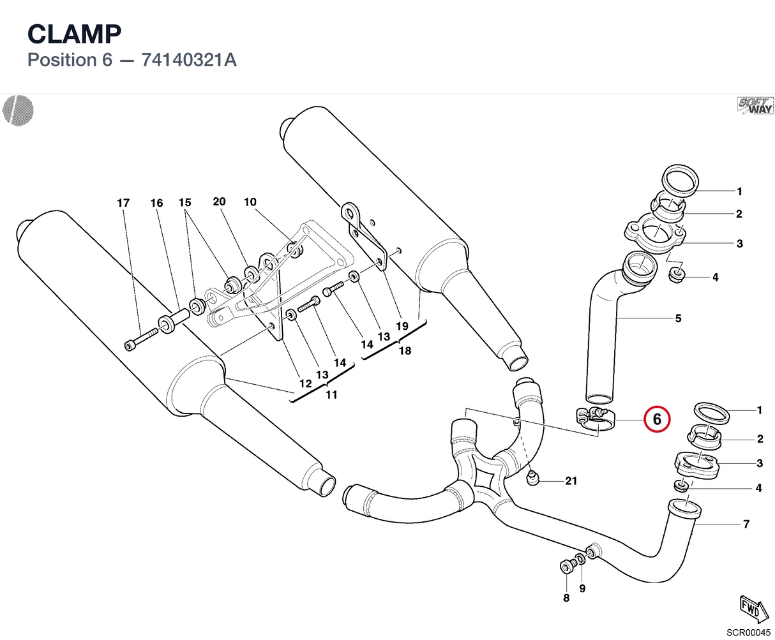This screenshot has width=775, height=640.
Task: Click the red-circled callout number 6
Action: (x=657, y=419)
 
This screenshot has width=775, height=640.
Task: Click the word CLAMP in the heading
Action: (x=74, y=34)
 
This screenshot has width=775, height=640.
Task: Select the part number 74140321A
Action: (x=189, y=60)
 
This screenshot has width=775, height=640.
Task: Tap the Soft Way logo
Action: (x=755, y=106)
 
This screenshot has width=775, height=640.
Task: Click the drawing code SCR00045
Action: (x=748, y=632)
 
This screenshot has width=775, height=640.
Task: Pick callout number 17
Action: (x=123, y=203)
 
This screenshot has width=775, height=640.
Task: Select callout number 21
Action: (x=571, y=481)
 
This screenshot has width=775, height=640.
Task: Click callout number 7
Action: (x=746, y=524)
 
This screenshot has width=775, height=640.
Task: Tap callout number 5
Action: (x=678, y=318)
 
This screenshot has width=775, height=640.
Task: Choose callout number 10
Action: (x=250, y=202)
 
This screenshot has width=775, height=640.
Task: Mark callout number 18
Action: (x=405, y=350)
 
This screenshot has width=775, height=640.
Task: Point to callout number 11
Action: (x=331, y=395)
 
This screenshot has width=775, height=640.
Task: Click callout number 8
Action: (x=566, y=598)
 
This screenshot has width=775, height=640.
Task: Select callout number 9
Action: (x=582, y=588)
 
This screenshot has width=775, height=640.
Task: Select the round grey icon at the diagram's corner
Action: (x=18, y=110)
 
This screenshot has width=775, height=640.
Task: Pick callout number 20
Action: (x=219, y=202)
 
